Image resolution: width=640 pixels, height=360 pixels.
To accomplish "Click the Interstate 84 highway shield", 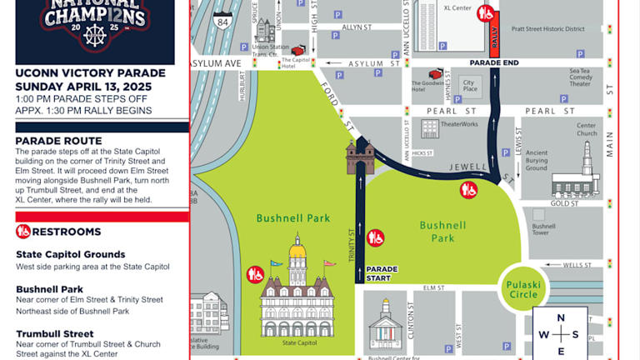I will [x=222, y=21].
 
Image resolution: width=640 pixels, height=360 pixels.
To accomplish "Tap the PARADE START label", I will [x=382, y=273].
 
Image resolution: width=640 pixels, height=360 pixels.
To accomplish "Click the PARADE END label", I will [x=494, y=62].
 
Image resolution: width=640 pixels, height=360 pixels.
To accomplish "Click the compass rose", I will [x=561, y=333].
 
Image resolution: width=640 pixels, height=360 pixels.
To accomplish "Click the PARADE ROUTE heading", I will [x=58, y=141].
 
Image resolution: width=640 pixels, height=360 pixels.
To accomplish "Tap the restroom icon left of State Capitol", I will [x=255, y=273].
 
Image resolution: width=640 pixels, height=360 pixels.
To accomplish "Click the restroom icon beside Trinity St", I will [x=376, y=237].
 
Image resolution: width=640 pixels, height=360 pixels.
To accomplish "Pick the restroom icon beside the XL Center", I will [x=487, y=13].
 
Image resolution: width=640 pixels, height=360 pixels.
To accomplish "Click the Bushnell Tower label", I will [x=544, y=230].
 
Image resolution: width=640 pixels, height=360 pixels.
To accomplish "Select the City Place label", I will [x=470, y=87].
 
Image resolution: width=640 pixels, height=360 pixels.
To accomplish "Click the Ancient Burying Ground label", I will [x=537, y=160].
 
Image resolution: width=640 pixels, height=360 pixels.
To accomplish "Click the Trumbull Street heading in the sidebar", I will [x=56, y=334].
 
